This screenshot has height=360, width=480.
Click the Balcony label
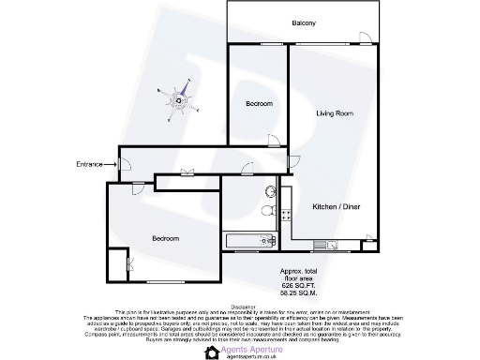[303, 22]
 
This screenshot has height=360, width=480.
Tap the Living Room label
[334, 113]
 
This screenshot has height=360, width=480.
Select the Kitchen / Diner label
[337, 206]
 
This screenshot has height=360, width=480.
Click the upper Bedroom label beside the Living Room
[259, 103]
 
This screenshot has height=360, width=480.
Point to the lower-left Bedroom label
[165, 238]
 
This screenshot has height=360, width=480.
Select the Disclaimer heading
[242, 306]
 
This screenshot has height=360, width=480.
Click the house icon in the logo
[211, 352]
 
